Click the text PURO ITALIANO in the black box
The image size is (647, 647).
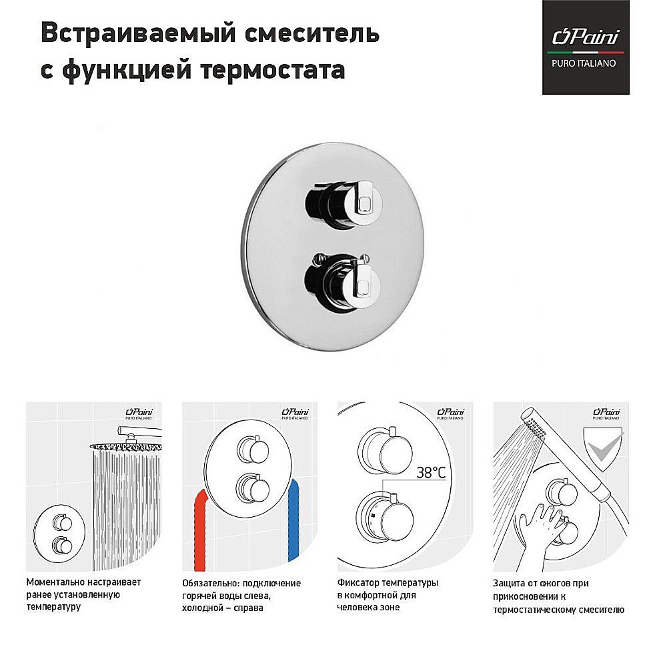pos(585,63)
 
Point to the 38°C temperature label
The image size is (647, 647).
pos(430,472)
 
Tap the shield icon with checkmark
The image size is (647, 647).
pos(604,446)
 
